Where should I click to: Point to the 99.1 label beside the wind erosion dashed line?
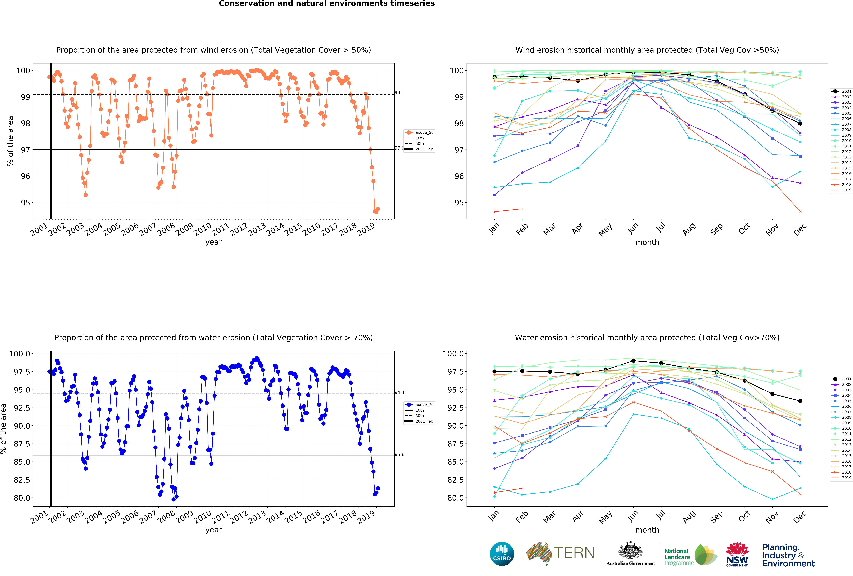point(399,93)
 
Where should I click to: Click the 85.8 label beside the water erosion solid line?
point(399,454)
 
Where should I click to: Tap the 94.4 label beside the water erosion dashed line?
point(399,392)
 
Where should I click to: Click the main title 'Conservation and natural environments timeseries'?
point(327,4)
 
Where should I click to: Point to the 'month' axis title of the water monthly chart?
point(647,530)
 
